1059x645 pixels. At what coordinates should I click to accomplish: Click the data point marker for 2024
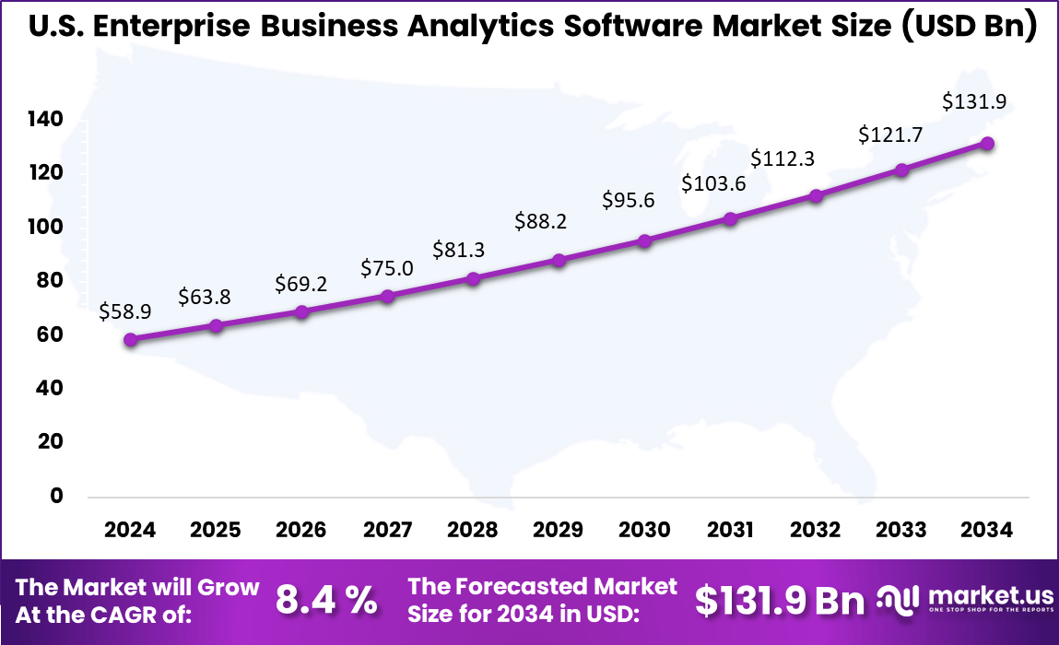coord(131,339)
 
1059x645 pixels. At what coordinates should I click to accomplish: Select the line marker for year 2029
coord(559,261)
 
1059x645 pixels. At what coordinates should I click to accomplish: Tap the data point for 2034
coord(987,143)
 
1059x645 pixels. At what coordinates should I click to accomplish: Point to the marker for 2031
coord(730,219)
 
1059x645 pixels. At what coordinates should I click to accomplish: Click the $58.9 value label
coord(125,312)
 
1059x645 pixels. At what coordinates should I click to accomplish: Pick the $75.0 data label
coord(387,268)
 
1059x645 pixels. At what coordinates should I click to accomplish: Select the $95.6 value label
coord(629,200)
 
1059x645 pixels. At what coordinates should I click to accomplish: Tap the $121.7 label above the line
coord(889,135)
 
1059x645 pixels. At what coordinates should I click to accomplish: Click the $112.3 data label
coord(782,158)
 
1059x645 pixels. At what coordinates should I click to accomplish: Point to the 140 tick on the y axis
coord(43,120)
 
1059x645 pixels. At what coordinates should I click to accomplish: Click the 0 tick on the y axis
coord(56,496)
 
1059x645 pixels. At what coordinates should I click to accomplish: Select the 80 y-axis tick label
coord(50,281)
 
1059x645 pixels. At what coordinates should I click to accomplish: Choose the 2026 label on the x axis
coord(301,531)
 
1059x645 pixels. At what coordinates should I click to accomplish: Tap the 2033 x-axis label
coord(901,531)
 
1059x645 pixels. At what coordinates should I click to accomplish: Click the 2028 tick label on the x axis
coord(472,531)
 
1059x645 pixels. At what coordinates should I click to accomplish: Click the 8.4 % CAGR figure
coord(326,600)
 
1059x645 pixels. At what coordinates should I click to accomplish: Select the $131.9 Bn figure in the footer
coord(780,600)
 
